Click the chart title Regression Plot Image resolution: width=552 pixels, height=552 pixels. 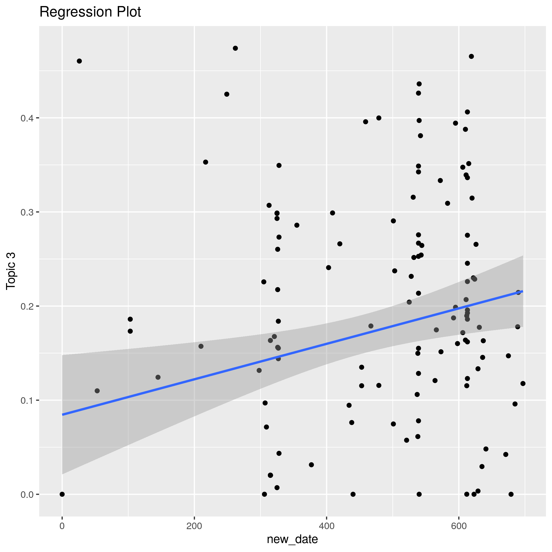(x=90, y=12)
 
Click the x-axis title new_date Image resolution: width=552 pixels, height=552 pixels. (x=292, y=539)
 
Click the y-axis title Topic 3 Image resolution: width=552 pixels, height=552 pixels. (x=11, y=271)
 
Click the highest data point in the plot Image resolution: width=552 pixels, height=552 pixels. (x=236, y=48)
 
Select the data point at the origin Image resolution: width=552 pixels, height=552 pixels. (x=62, y=494)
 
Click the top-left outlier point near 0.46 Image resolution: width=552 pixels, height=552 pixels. (x=79, y=61)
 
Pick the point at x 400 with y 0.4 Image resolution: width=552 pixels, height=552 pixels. (x=379, y=118)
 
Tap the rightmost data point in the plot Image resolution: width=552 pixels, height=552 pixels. (x=523, y=384)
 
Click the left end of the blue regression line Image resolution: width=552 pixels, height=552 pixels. (x=63, y=415)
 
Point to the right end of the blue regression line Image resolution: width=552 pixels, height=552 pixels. (x=523, y=291)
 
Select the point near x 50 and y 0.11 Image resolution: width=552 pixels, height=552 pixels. (x=97, y=391)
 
